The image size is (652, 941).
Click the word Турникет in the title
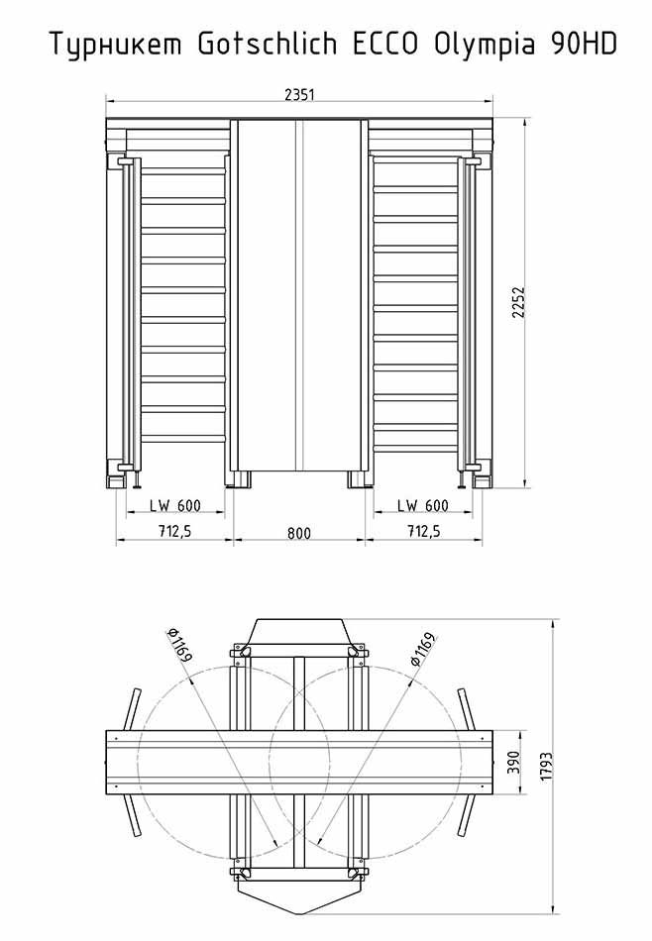[x=115, y=45]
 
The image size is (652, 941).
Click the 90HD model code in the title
[x=583, y=44]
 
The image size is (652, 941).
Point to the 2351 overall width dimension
[x=299, y=94]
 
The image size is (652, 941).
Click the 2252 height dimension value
[x=518, y=302]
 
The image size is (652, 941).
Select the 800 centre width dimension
[x=299, y=533]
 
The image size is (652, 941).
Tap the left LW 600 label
[x=175, y=506]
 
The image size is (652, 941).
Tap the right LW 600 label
[x=423, y=506]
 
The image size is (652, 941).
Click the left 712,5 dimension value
[x=174, y=531]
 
